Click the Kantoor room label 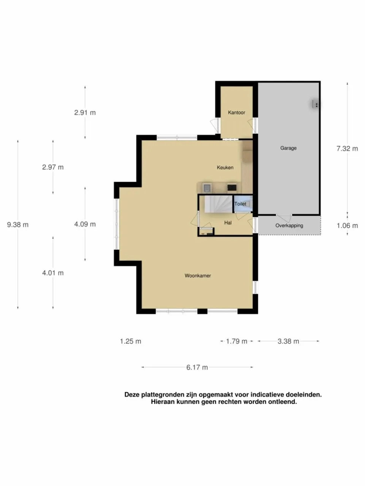pos(236,112)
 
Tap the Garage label pos(288,148)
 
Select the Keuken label pos(225,167)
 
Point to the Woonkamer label pos(198,275)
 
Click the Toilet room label pos(240,204)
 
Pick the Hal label pos(228,222)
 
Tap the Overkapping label pos(289,226)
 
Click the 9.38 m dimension pos(18,225)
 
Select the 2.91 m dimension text pos(85,113)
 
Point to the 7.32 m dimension pos(347,148)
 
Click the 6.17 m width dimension pos(197,367)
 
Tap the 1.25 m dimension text pos(130,341)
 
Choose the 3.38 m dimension pos(288,341)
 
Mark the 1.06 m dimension pos(347,226)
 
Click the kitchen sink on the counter pos(207,188)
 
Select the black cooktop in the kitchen pos(232,188)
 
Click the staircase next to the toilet pos(218,204)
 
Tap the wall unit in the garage pos(316,104)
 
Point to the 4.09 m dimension pos(85,224)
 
